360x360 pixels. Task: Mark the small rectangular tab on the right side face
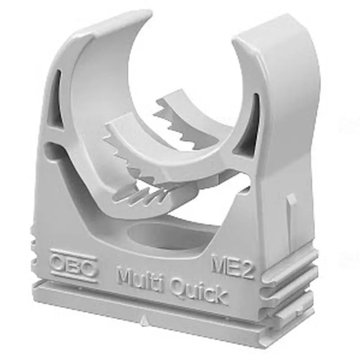point(292,203)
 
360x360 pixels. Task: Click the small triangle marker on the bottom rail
point(144,320)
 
